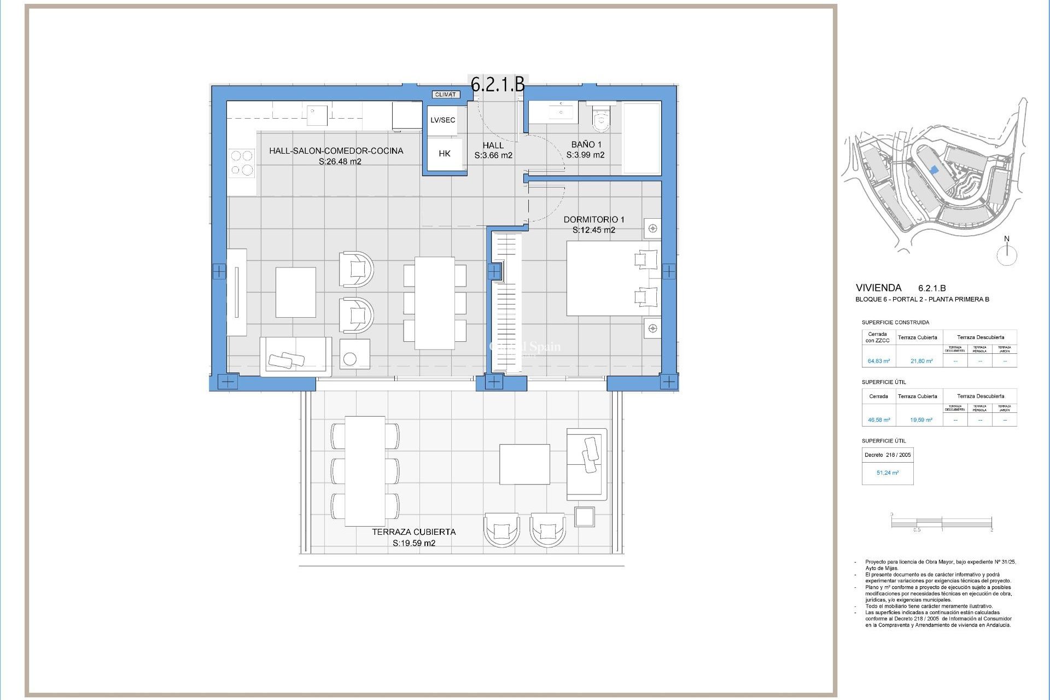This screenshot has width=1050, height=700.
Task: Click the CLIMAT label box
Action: click(x=445, y=95)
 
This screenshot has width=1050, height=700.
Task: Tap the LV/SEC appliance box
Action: click(x=442, y=120)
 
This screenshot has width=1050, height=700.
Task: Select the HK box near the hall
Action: click(x=445, y=154)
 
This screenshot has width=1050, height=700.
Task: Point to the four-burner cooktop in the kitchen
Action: click(x=242, y=163)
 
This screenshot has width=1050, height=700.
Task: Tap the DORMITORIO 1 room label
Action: click(x=594, y=219)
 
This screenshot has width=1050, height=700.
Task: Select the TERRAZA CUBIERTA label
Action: click(x=414, y=532)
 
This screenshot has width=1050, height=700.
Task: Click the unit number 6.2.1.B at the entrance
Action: click(x=498, y=84)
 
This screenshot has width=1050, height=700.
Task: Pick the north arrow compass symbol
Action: click(x=1007, y=254)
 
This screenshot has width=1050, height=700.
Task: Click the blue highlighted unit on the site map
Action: click(x=934, y=170)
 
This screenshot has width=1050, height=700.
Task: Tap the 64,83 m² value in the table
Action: click(x=878, y=361)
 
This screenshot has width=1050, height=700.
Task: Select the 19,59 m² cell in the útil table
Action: click(x=921, y=420)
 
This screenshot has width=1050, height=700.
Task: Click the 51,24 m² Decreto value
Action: click(x=887, y=472)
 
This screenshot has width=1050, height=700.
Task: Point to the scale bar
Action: click(x=942, y=523)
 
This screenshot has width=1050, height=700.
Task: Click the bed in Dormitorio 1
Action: click(x=612, y=278)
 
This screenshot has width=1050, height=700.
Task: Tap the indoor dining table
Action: click(x=435, y=303)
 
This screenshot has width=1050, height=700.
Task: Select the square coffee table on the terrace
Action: click(x=524, y=464)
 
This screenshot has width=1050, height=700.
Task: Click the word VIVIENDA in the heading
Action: click(x=878, y=288)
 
